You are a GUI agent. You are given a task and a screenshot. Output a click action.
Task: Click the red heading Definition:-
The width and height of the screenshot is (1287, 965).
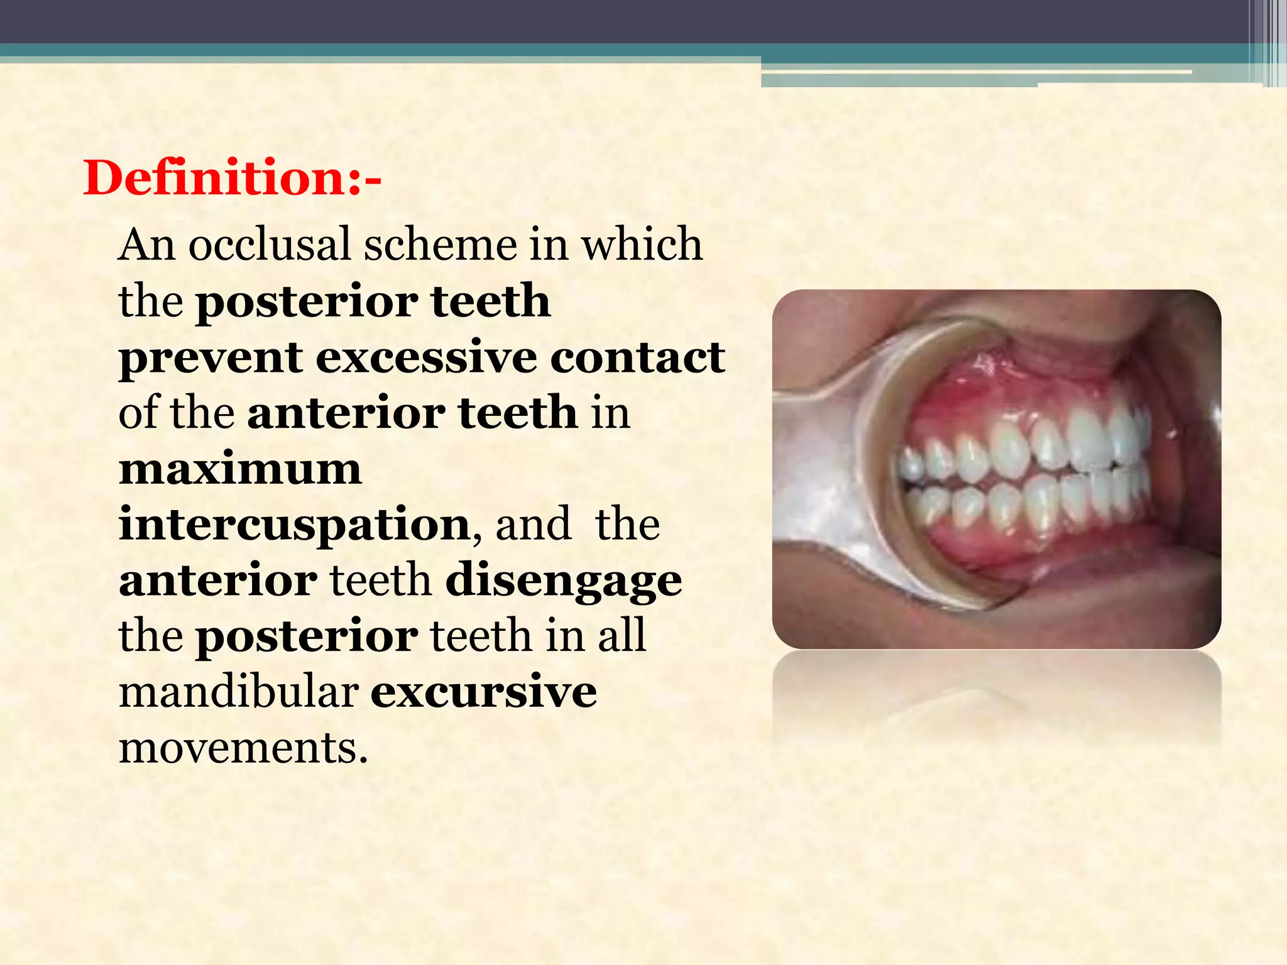click(x=232, y=178)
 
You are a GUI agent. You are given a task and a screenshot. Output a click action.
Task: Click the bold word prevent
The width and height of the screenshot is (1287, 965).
click(x=210, y=358)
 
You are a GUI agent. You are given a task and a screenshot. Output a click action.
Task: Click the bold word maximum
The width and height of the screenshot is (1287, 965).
click(x=240, y=469)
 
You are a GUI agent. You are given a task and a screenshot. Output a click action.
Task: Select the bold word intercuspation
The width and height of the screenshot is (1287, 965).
click(x=294, y=526)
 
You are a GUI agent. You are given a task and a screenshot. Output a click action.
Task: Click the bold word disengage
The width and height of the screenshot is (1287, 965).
click(x=563, y=582)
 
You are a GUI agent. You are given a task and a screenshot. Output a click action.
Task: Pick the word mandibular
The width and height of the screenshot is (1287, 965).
click(x=239, y=692)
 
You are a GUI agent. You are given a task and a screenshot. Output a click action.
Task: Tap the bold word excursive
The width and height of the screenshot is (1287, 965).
click(x=483, y=692)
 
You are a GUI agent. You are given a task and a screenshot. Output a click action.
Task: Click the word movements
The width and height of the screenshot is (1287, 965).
click(x=243, y=748)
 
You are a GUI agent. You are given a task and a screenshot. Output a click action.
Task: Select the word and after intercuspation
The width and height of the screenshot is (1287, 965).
click(x=533, y=525)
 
